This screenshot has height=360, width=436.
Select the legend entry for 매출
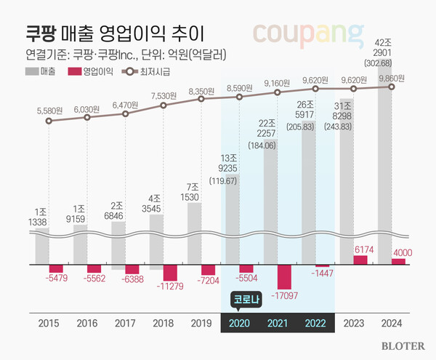(x=41, y=72)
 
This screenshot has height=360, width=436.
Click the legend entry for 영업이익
(x=84, y=72)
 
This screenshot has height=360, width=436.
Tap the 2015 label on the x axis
(x=48, y=323)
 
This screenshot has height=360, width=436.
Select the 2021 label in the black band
(x=278, y=323)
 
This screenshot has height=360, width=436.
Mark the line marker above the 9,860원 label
(x=392, y=87)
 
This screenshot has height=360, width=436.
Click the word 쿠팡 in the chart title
(x=42, y=32)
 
